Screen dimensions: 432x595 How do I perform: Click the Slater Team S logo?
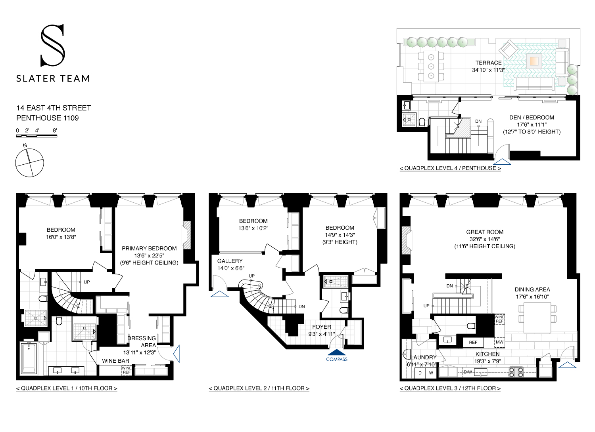[x=52, y=46]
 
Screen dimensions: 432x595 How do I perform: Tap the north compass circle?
[x=29, y=163]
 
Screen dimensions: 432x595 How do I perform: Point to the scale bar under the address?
[x=36, y=136]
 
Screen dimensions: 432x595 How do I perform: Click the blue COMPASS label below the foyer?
[x=336, y=360]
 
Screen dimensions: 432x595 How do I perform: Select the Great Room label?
[x=485, y=232]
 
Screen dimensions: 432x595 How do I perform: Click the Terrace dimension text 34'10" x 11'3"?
[x=488, y=70]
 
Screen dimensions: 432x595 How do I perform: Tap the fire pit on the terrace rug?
[x=534, y=61]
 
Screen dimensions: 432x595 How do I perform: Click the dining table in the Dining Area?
[x=537, y=318]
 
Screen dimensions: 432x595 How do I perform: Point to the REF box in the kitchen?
[x=473, y=343]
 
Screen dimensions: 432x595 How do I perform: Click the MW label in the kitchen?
[x=499, y=342]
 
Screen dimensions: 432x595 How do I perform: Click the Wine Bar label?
[x=115, y=361]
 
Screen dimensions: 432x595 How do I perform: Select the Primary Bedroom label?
[x=149, y=248]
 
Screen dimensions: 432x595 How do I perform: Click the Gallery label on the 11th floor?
[x=230, y=261]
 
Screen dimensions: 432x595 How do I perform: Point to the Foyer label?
[x=321, y=327]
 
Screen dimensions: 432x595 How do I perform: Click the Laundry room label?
[x=423, y=357]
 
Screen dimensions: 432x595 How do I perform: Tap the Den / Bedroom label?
[x=532, y=118]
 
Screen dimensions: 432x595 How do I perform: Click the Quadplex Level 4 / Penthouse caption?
[x=450, y=168]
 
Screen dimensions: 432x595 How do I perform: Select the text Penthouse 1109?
[x=48, y=118]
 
